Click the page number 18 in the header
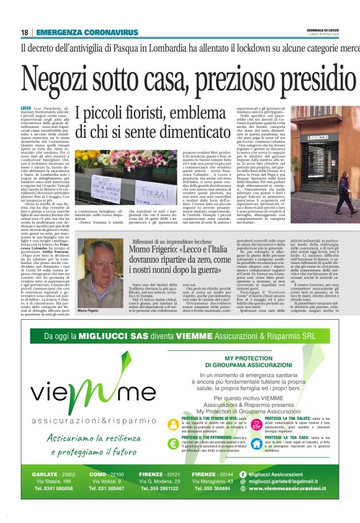pos(24,32)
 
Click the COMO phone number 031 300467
pos(110,489)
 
